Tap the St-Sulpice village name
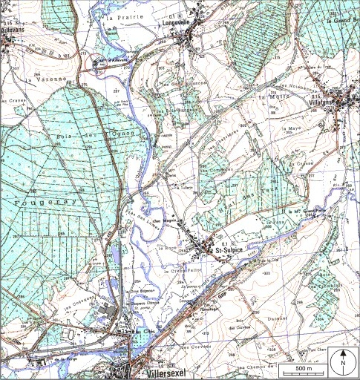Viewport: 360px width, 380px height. click(x=231, y=252)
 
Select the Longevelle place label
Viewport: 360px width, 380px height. click(x=177, y=22)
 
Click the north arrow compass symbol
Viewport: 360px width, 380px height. click(x=343, y=361)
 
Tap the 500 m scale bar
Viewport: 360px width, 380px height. click(x=303, y=369)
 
